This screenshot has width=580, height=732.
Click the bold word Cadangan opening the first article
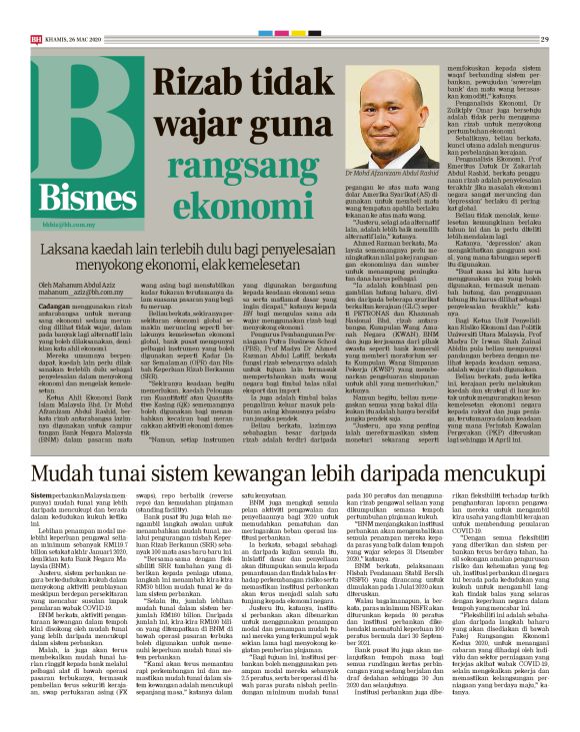[x=50, y=301]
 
